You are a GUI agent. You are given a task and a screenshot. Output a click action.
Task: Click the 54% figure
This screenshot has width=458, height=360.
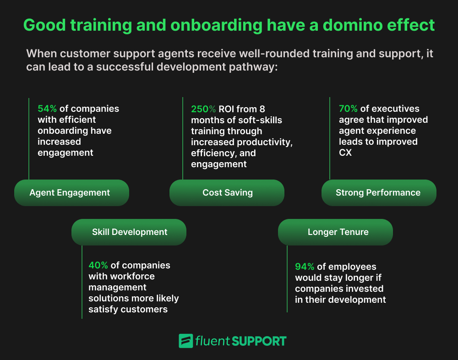tap(47, 109)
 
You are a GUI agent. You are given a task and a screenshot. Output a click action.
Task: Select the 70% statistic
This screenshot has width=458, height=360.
tap(348, 109)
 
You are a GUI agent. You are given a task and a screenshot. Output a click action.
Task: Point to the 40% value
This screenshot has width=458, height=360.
tap(98, 265)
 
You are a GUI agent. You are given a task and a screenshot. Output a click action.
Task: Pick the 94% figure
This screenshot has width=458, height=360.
tap(305, 267)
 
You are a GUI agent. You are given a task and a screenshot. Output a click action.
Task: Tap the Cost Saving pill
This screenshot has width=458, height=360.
tap(227, 192)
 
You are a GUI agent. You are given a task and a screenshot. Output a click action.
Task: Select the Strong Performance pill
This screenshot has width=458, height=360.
tap(378, 192)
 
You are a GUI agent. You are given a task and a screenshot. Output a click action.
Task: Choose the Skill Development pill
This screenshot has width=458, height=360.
tap(129, 232)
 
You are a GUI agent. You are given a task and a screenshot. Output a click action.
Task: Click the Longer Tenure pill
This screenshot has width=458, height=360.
tap(338, 232)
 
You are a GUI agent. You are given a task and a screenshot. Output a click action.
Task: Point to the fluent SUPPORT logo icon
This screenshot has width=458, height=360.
tap(185, 341)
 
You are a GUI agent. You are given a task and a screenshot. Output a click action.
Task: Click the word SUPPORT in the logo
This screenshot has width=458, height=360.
tap(259, 341)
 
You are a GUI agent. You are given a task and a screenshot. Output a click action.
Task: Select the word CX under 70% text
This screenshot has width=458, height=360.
tap(345, 153)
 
